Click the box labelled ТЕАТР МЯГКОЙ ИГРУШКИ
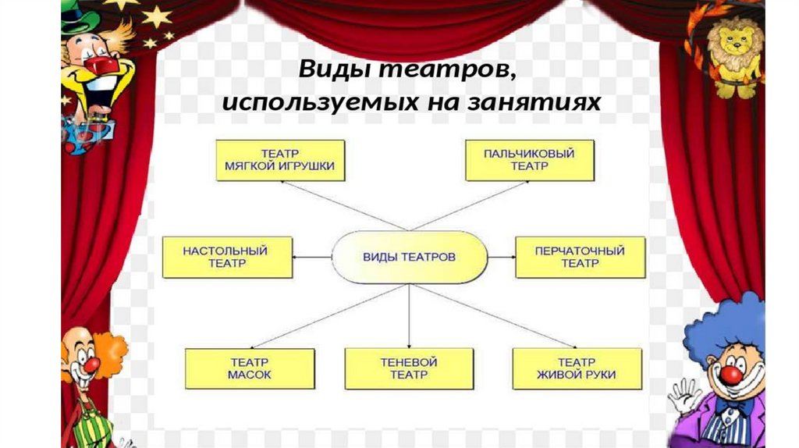[280, 160]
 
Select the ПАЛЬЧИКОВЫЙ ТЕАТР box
[530, 160]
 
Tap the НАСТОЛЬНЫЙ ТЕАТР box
[227, 257]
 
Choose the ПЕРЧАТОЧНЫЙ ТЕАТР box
[580, 257]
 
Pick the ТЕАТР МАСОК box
[250, 368]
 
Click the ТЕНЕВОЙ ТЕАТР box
[409, 368]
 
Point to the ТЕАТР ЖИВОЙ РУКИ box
[577, 368]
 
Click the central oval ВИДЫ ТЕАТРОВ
[410, 256]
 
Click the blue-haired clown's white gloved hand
[684, 396]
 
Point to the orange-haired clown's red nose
[91, 364]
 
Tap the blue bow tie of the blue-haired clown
[733, 406]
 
